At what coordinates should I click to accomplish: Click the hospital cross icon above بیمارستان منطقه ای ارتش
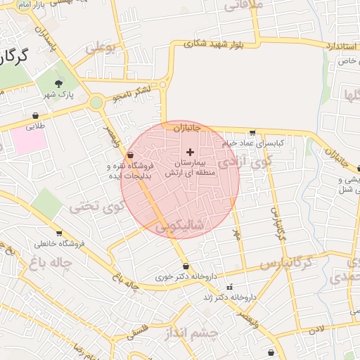click(x=190, y=152)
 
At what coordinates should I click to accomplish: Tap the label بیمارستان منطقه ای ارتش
click(x=189, y=167)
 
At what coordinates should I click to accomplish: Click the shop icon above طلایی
click(x=35, y=116)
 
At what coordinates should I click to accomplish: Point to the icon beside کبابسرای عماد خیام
click(x=252, y=132)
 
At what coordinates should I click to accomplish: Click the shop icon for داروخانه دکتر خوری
click(x=186, y=266)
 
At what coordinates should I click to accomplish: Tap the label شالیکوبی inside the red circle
click(x=180, y=226)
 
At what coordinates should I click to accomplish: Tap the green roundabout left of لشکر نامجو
click(x=96, y=103)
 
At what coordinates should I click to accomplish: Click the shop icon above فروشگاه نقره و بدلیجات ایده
click(x=130, y=155)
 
